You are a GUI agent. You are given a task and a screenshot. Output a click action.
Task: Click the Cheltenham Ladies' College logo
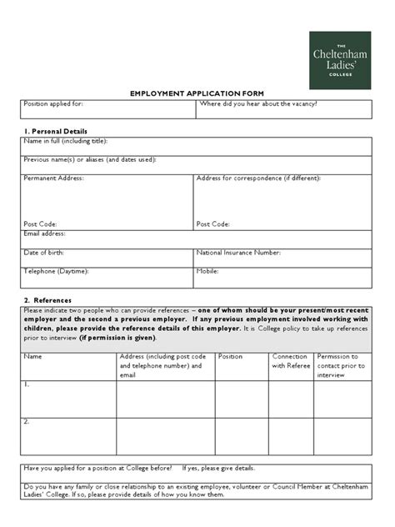click(340, 60)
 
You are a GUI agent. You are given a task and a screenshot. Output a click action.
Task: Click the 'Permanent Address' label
click(54, 178)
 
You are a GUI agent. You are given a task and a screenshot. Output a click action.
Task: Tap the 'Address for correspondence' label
click(259, 178)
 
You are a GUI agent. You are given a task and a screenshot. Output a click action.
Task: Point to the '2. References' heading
click(47, 300)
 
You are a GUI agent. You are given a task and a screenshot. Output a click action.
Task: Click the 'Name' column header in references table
click(33, 356)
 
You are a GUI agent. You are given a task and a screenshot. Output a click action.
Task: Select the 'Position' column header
click(230, 356)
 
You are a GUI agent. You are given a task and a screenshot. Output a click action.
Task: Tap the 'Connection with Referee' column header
click(290, 360)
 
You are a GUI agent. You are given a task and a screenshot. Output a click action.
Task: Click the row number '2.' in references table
click(27, 422)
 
